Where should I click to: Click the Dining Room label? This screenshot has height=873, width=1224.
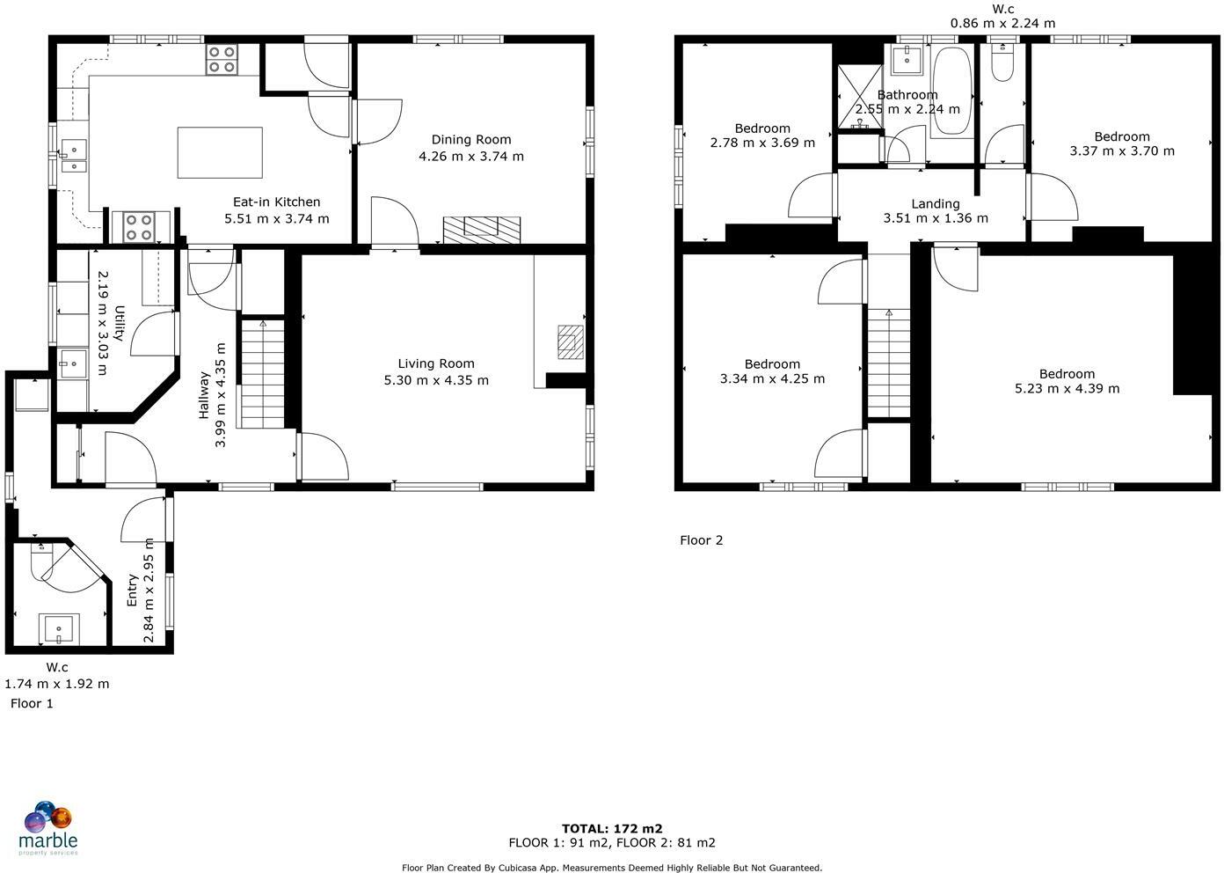coord(470,139)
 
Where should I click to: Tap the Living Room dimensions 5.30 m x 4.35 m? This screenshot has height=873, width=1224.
coord(436,380)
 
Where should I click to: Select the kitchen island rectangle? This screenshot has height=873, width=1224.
coord(220,152)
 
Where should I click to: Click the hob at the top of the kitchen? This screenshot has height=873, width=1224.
coord(221,59)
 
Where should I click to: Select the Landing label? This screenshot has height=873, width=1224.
coord(935,203)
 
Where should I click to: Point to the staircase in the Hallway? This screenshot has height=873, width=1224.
coord(263,374)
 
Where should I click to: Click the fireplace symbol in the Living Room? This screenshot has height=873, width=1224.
coord(570,342)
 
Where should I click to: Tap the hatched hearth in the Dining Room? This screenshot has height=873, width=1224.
coord(481,229)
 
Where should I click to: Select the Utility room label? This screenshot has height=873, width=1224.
coord(120,329)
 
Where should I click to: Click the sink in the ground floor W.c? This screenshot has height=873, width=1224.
coord(59,630)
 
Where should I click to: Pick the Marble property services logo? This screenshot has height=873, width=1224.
coord(49,828)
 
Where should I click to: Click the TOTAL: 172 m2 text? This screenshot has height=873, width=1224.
coord(612,828)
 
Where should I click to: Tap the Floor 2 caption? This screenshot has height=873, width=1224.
coord(701,540)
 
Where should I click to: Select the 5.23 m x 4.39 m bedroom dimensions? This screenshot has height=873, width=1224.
coord(1067,388)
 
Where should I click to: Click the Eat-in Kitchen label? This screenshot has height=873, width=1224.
coord(276,202)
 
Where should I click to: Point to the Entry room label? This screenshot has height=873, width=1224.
coord(132,591)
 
